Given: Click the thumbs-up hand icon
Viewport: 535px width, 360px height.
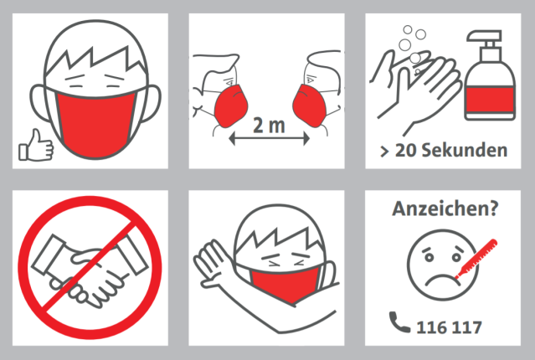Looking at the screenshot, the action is [36, 146].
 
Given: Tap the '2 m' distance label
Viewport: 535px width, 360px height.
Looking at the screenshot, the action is [269, 126].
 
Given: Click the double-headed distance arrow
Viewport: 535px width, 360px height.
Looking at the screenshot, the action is [269, 138].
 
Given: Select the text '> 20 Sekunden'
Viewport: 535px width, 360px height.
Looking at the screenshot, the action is [444, 151].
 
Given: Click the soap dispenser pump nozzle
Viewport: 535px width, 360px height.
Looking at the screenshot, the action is [485, 36].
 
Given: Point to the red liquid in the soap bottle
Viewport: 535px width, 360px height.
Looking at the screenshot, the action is [490, 100].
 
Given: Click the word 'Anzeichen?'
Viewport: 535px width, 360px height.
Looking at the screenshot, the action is [445, 208].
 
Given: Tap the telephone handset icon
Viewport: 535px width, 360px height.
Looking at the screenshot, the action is [399, 322].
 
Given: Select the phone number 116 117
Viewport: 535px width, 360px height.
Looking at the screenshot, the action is [449, 327].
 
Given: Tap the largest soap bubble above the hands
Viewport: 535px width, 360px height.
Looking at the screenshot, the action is [405, 44].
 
